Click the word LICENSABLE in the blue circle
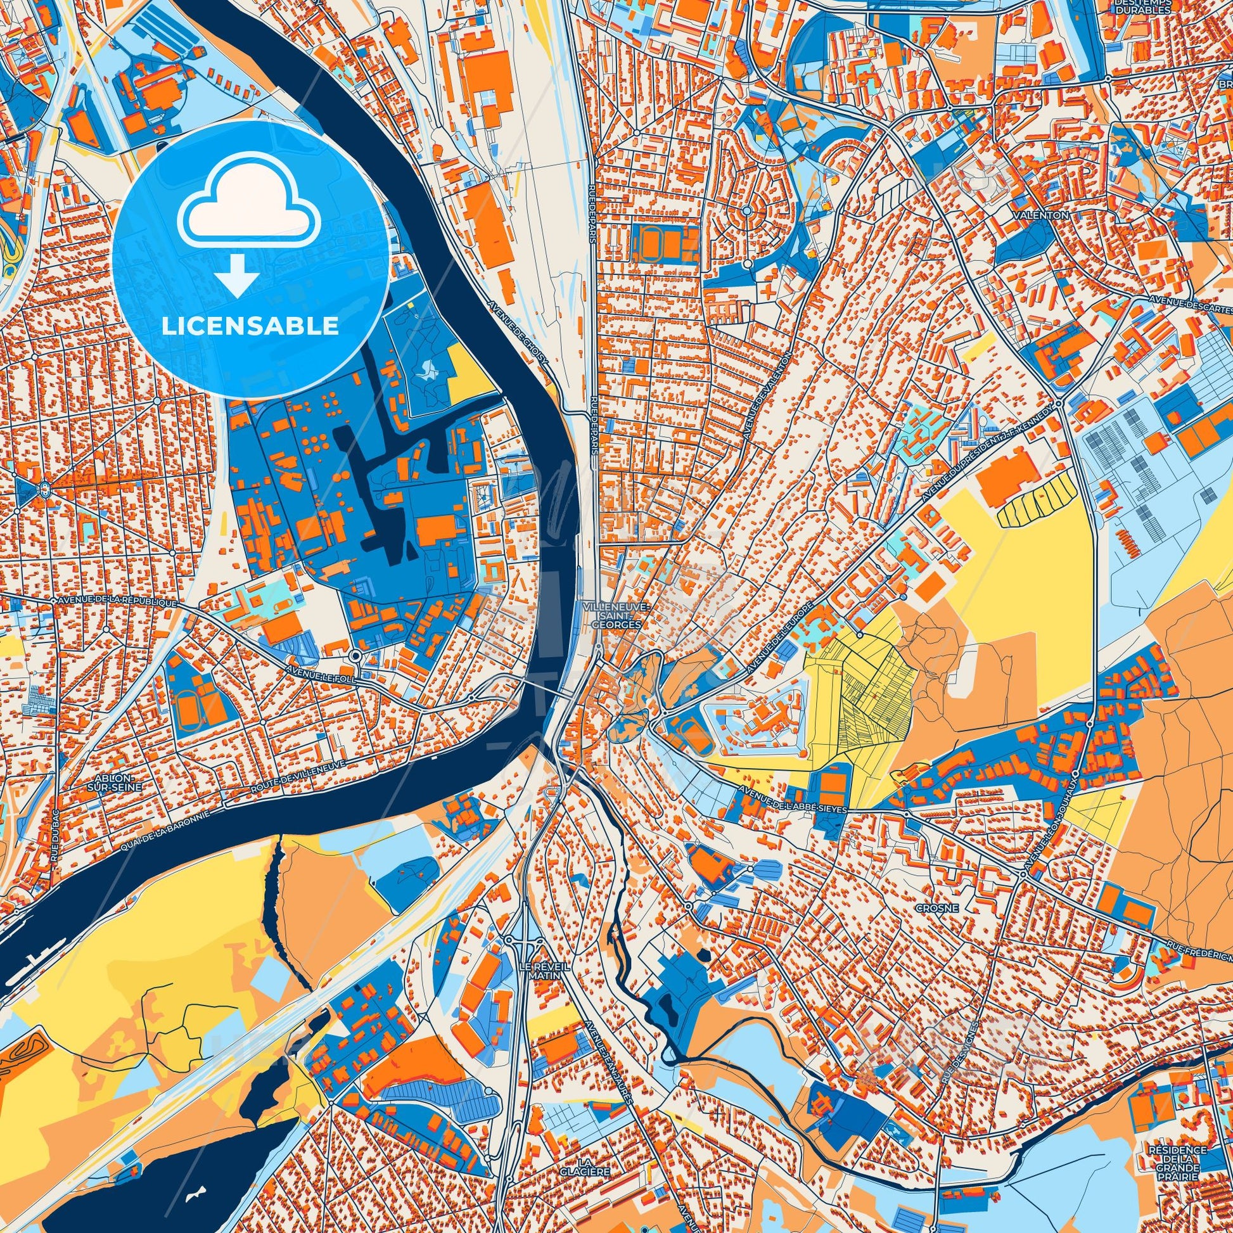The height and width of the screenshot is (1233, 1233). (x=250, y=326)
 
